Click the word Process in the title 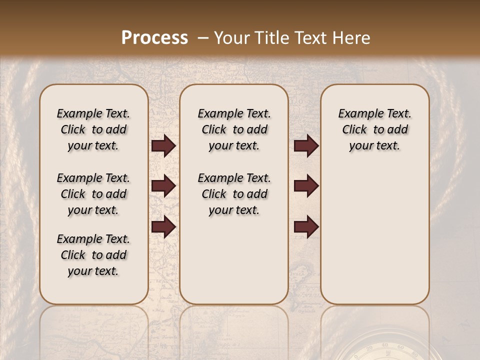pyautogui.click(x=154, y=38)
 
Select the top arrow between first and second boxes pyautogui.click(x=163, y=146)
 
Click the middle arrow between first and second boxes pyautogui.click(x=163, y=186)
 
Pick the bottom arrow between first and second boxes pyautogui.click(x=163, y=227)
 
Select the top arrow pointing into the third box pyautogui.click(x=306, y=146)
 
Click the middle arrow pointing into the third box pyautogui.click(x=306, y=186)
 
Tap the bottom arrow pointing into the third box pyautogui.click(x=306, y=227)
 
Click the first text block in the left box pyautogui.click(x=93, y=129)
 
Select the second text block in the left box pyautogui.click(x=93, y=194)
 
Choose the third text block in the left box pyautogui.click(x=93, y=255)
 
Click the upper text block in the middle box pyautogui.click(x=234, y=129)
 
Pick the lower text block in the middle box pyautogui.click(x=234, y=194)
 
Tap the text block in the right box pyautogui.click(x=375, y=129)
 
